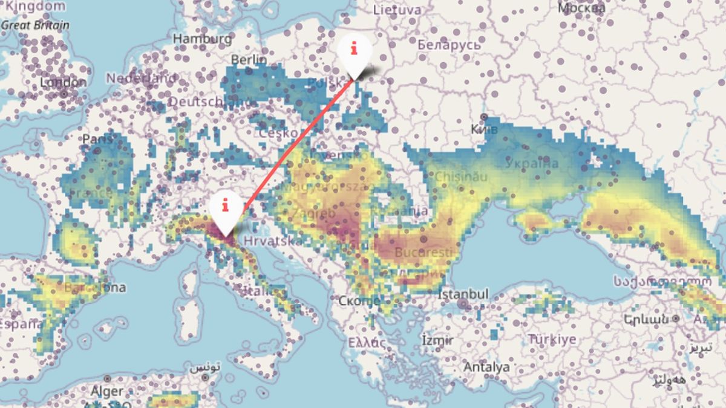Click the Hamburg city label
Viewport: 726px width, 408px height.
click(x=202, y=39)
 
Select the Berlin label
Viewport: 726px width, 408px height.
click(x=249, y=60)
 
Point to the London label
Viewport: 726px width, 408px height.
click(x=64, y=82)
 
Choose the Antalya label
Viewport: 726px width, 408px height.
click(x=486, y=367)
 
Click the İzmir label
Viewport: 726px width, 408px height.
click(x=437, y=340)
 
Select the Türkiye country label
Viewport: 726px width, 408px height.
click(x=552, y=339)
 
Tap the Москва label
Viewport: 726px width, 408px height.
click(x=581, y=8)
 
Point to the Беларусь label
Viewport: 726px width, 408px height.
click(x=449, y=45)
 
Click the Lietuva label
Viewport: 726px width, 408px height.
click(x=397, y=10)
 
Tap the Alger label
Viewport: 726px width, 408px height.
click(x=106, y=392)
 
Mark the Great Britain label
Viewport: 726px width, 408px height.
click(x=35, y=25)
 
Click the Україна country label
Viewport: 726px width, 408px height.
click(x=532, y=164)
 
